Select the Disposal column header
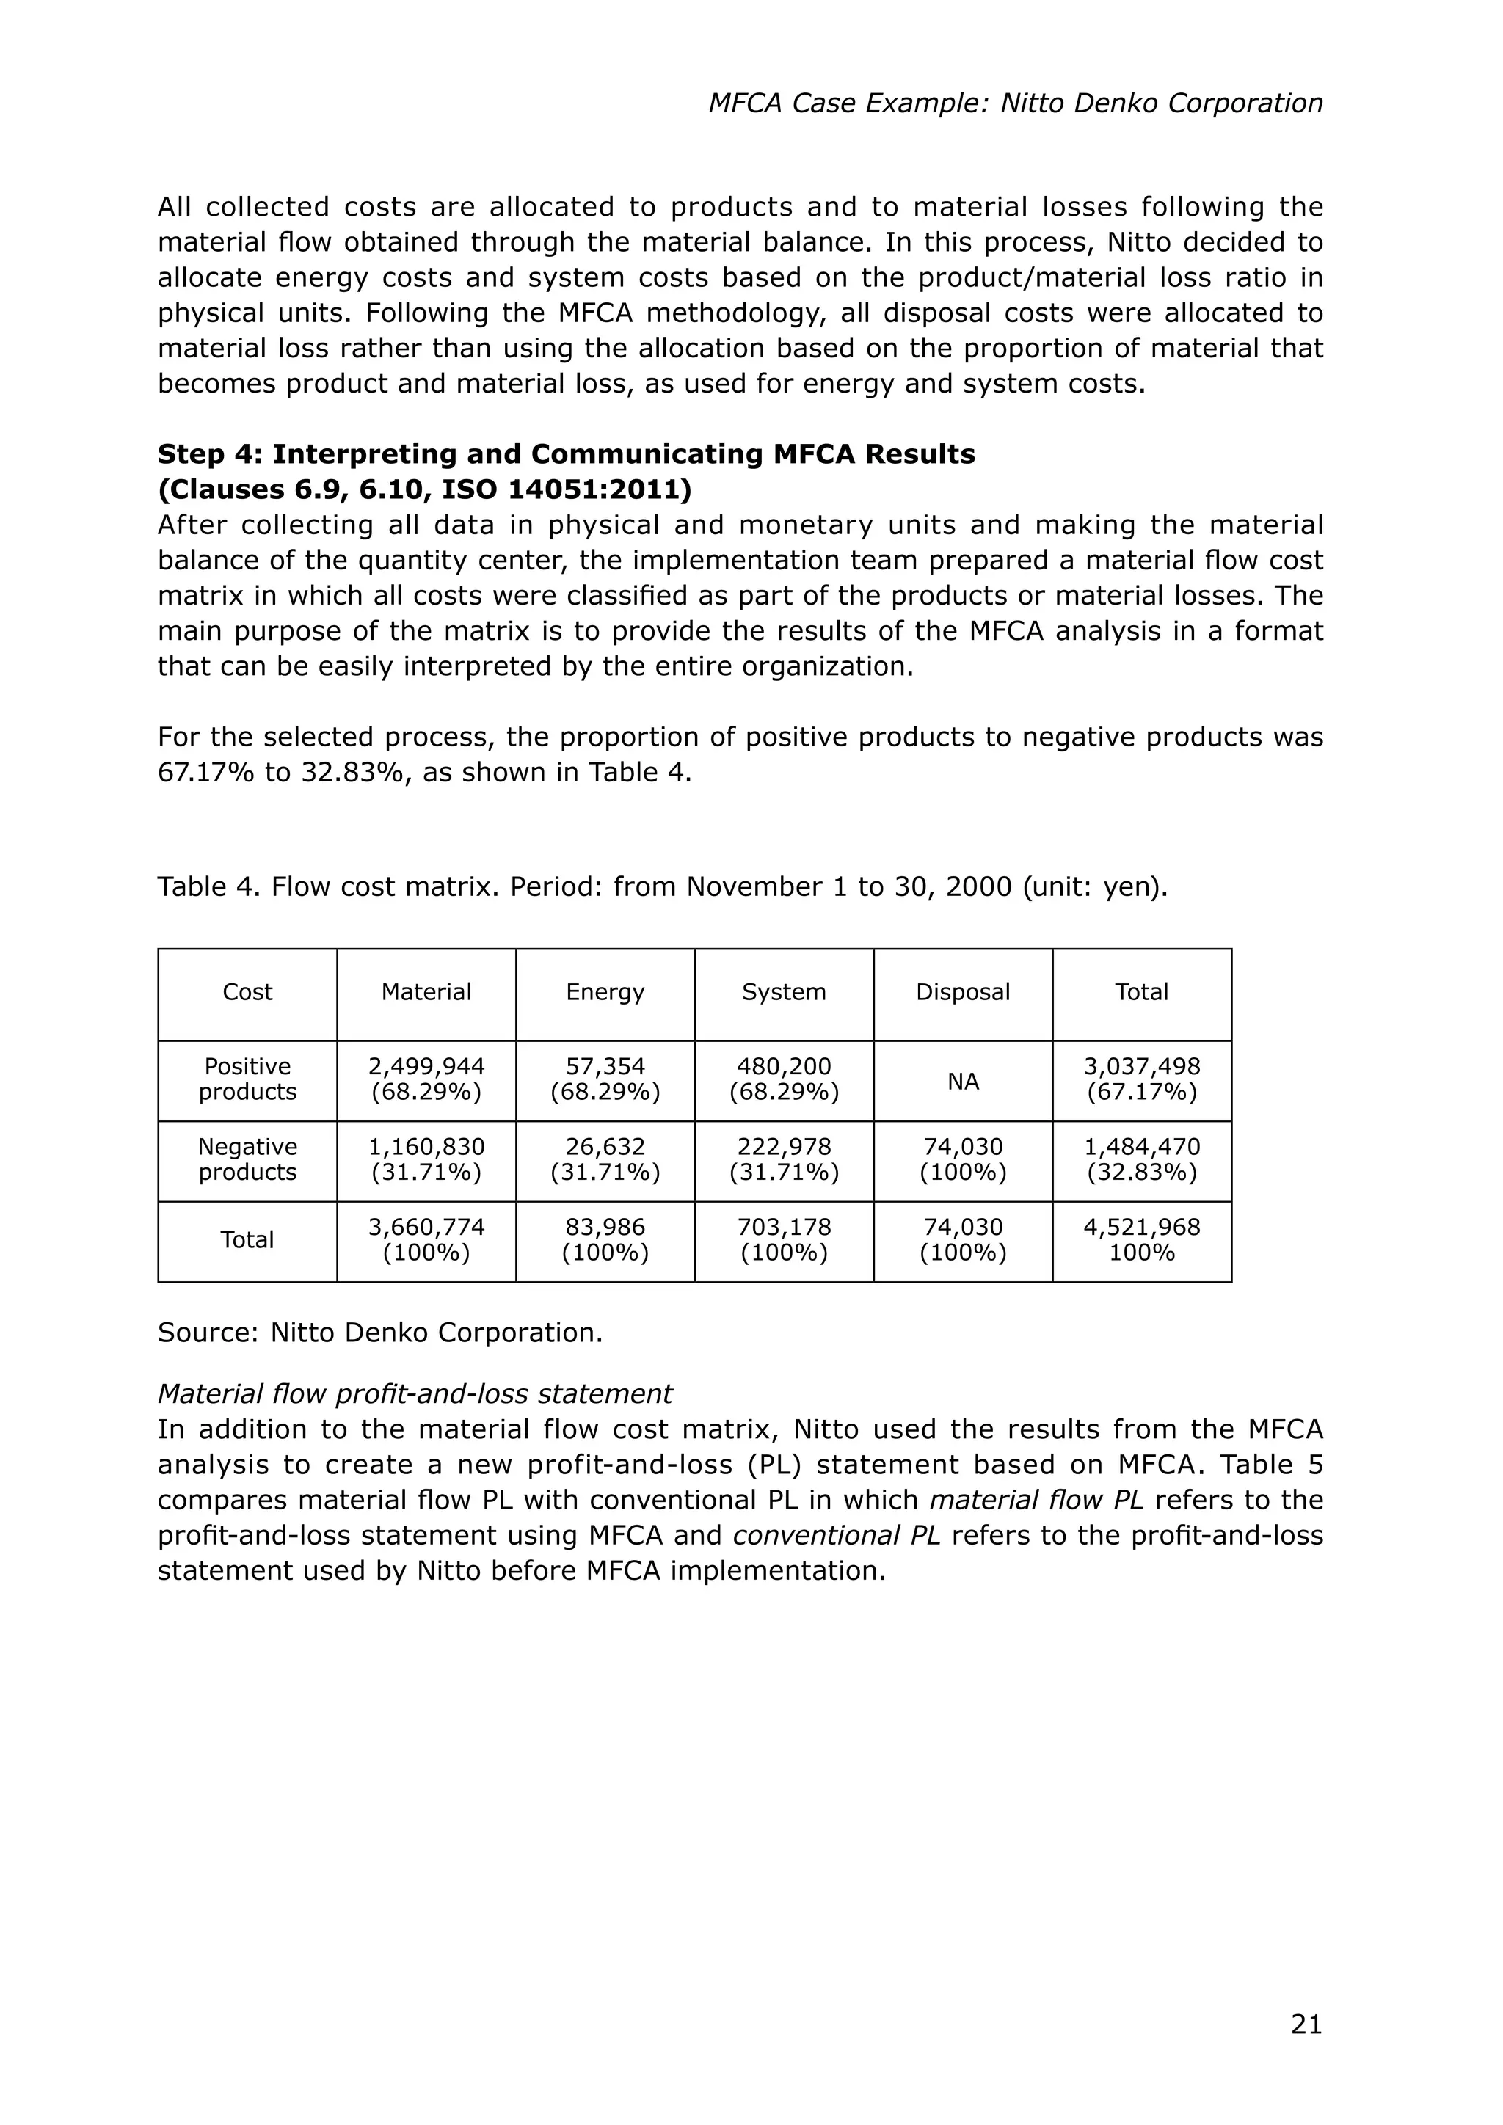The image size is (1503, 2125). [x=963, y=992]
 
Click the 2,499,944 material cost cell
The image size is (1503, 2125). [x=426, y=1079]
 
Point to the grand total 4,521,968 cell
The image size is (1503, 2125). [x=1141, y=1240]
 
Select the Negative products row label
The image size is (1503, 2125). [x=247, y=1159]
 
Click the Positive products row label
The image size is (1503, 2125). [x=247, y=1079]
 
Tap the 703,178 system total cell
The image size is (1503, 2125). [x=784, y=1240]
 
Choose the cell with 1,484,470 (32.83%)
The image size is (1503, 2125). [x=1141, y=1159]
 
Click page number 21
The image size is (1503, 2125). [x=1306, y=2025]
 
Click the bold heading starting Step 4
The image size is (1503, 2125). [x=566, y=454]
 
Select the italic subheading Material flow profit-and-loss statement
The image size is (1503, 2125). [x=415, y=1394]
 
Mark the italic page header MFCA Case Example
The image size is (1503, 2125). [x=1015, y=103]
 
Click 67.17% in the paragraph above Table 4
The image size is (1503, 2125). [x=206, y=773]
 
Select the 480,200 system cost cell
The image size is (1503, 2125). [x=784, y=1079]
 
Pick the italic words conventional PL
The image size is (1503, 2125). [x=836, y=1536]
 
